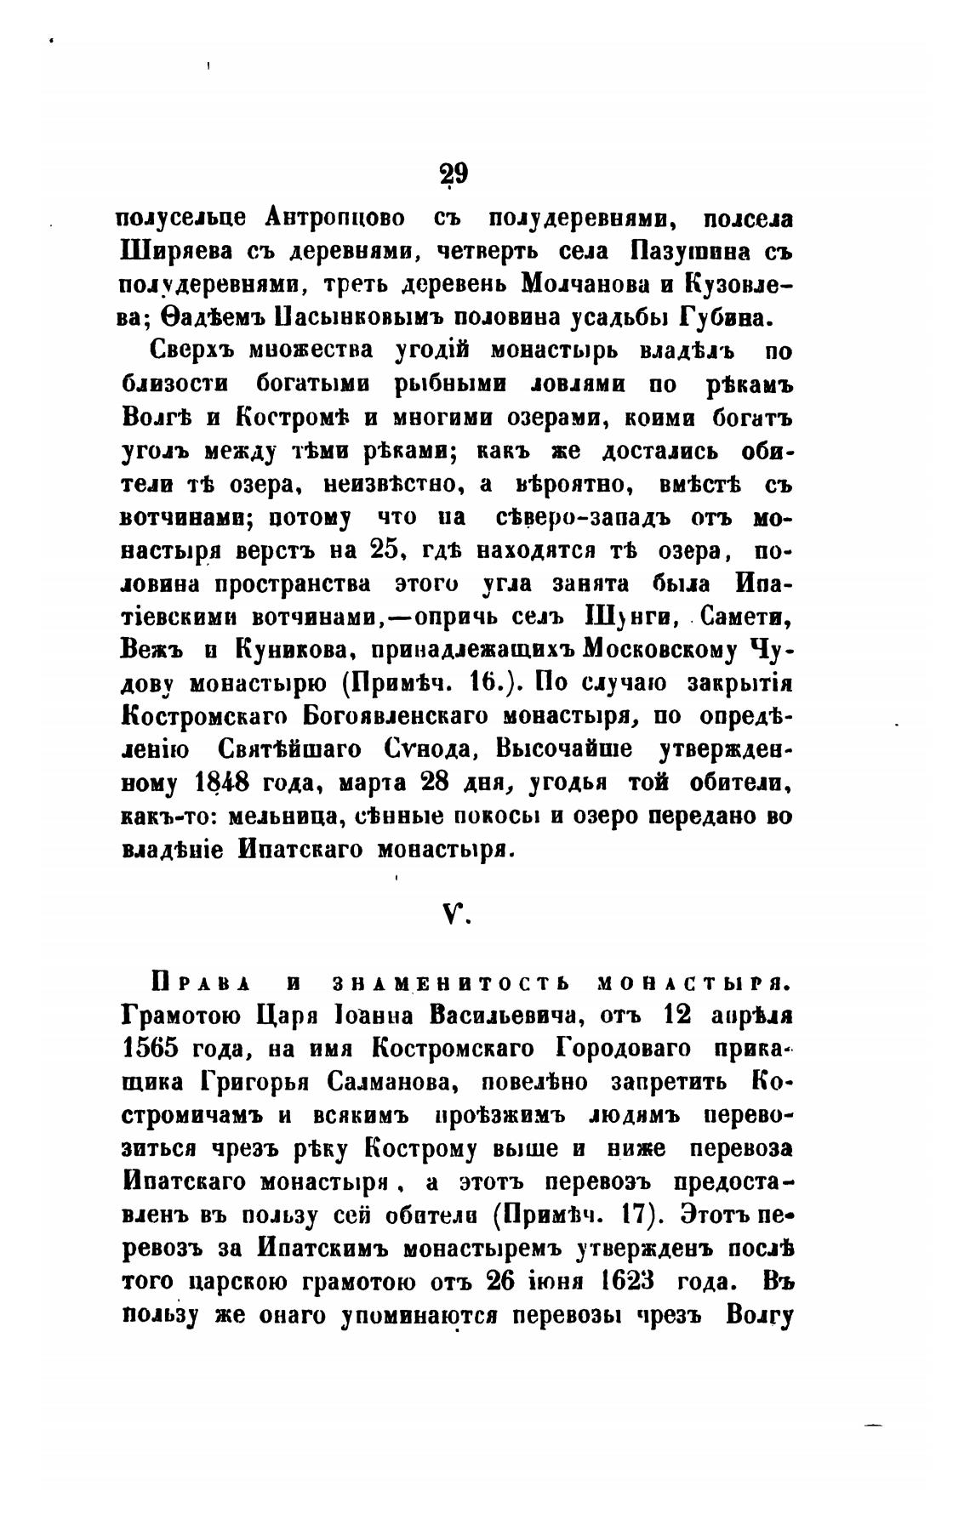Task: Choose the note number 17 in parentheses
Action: [x=636, y=1215]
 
